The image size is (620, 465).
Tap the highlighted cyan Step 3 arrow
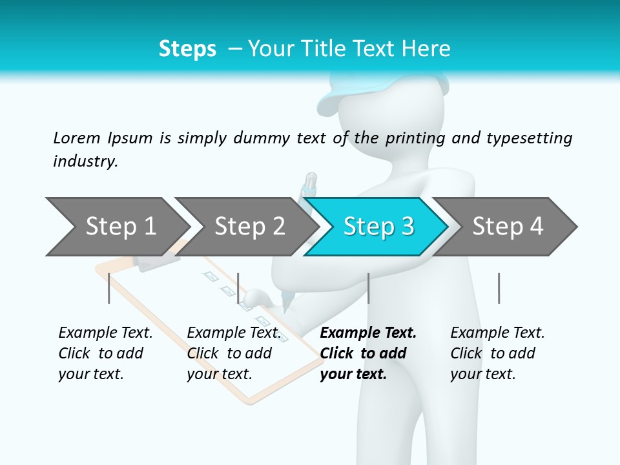pos(378,226)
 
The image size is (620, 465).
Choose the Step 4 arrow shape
pos(508,226)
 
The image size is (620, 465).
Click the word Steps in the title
pos(187,48)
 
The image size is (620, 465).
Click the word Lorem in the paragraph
pos(77,138)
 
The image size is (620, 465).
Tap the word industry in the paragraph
pos(85,161)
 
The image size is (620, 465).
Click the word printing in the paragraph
pos(413,138)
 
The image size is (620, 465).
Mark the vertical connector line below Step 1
pos(109,288)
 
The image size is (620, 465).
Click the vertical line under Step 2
pos(238,288)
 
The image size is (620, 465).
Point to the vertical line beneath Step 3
pos(368,288)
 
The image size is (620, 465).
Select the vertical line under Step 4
pos(499,288)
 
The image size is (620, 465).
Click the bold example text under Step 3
pos(368,353)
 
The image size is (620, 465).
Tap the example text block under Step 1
pos(105,353)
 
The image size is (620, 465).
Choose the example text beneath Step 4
pos(497,353)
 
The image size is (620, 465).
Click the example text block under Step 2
pos(234,353)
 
